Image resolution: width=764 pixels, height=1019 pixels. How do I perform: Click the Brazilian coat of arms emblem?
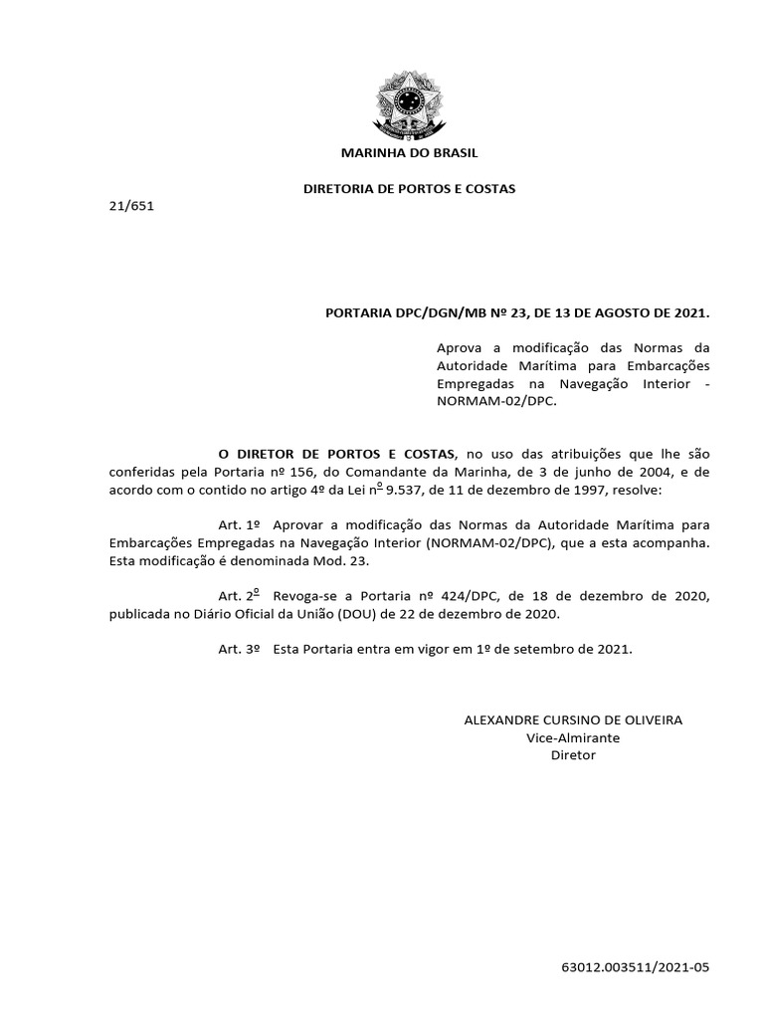pos(409,102)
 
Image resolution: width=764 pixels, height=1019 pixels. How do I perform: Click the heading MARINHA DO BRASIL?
pos(409,153)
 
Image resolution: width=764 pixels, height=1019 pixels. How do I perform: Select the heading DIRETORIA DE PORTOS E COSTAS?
pos(409,188)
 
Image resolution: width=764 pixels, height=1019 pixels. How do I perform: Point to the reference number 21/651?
pos(131,206)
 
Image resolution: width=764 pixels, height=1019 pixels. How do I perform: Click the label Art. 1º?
pos(239,524)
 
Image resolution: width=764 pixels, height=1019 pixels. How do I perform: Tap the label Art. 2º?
pos(239,595)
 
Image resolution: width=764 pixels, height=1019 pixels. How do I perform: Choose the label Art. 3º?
pos(239,648)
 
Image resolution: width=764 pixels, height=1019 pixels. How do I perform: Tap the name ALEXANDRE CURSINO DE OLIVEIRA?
pos(573,719)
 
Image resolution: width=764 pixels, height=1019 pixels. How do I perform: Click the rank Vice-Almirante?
pos(573,737)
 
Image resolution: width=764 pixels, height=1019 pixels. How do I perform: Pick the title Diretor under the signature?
pos(573,755)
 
